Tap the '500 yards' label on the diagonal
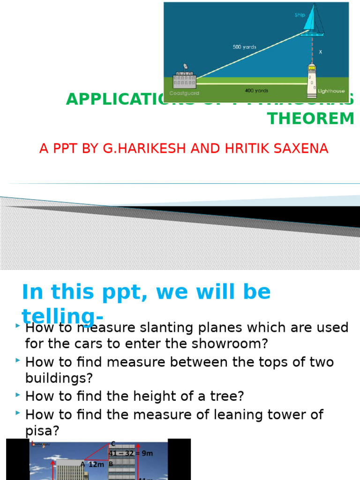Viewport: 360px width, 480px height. [245, 47]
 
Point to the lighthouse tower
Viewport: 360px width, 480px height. [312, 78]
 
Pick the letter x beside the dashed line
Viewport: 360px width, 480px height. [321, 52]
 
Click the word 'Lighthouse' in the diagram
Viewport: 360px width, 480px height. [331, 91]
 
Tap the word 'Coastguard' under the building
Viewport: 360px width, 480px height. [184, 93]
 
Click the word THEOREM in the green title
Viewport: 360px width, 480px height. [311, 119]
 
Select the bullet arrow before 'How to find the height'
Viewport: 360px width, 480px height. [17, 396]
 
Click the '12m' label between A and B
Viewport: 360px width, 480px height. [96, 464]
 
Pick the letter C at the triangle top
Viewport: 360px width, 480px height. [113, 443]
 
